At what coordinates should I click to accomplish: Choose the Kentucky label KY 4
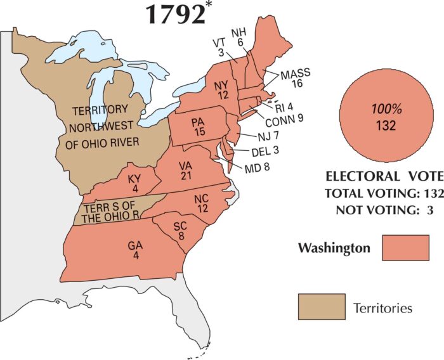point(134,183)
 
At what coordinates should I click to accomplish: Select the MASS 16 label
point(296,78)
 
